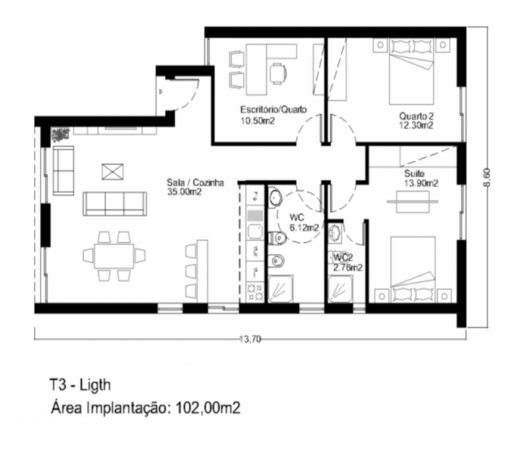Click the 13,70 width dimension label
pyautogui.click(x=251, y=339)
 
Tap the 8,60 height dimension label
pyautogui.click(x=487, y=177)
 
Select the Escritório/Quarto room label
pyautogui.click(x=273, y=110)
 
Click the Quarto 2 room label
pyautogui.click(x=416, y=116)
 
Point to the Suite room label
pyautogui.click(x=414, y=173)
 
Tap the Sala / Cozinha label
pyautogui.click(x=195, y=183)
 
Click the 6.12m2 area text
pyautogui.click(x=304, y=228)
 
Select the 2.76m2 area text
pyautogui.click(x=348, y=268)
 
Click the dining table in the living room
pyautogui.click(x=114, y=256)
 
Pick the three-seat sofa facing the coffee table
pyautogui.click(x=115, y=204)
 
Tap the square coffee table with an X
pyautogui.click(x=113, y=172)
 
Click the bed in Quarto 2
pyautogui.click(x=411, y=71)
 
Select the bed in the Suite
pyautogui.click(x=413, y=269)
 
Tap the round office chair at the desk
pyautogui.click(x=278, y=73)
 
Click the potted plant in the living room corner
pyautogui.click(x=60, y=134)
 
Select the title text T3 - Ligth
pyautogui.click(x=80, y=384)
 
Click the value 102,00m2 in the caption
pyautogui.click(x=208, y=408)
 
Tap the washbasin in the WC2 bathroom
pyautogui.click(x=335, y=232)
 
